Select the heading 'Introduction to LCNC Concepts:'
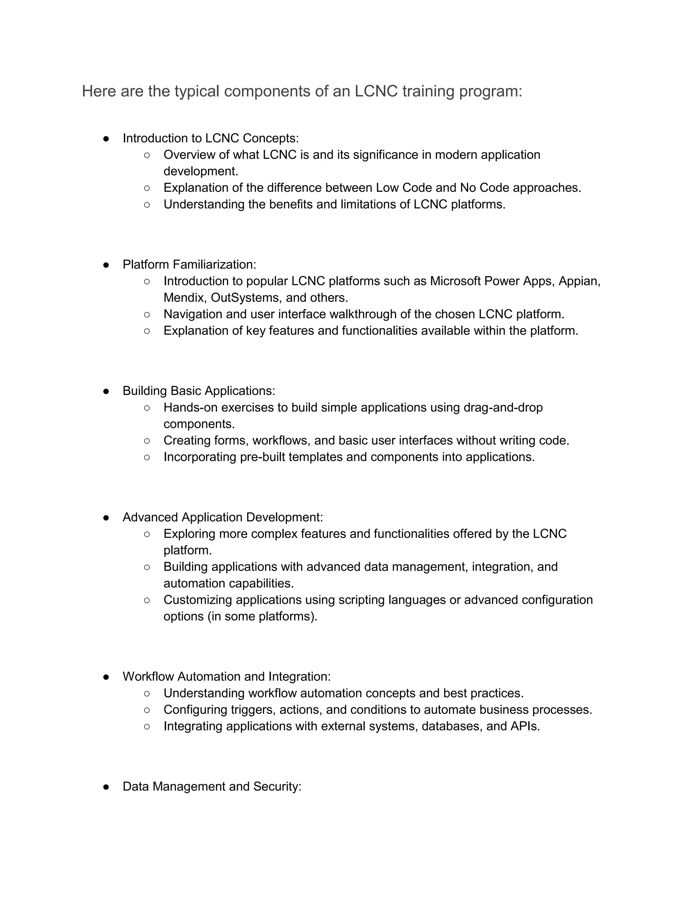pos(210,138)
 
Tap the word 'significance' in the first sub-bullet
pos(385,155)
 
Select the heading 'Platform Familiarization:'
pos(189,265)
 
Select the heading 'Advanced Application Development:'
pos(222,517)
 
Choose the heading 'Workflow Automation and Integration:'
pos(226,677)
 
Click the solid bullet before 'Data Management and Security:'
pos(106,787)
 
